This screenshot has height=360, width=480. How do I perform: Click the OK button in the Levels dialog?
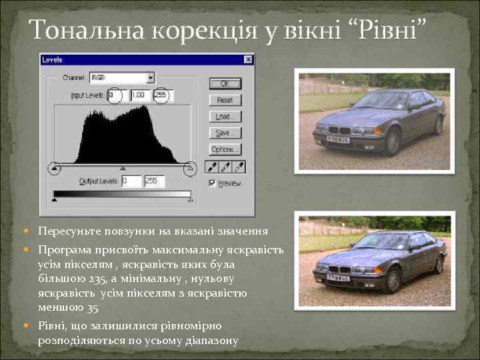point(225,83)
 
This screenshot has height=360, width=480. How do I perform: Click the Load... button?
point(225,116)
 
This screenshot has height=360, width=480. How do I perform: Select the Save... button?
point(225,132)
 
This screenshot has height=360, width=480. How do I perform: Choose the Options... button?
point(225,149)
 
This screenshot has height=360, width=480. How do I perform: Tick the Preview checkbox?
point(213,183)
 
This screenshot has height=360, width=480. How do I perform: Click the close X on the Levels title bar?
point(248,60)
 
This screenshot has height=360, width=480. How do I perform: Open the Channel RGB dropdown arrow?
point(151,77)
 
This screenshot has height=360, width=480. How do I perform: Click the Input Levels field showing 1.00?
point(139,95)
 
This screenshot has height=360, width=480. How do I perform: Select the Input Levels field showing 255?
point(161,95)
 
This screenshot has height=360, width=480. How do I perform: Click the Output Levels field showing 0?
point(131,181)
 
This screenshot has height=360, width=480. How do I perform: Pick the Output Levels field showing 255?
point(154,181)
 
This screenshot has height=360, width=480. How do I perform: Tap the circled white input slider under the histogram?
point(190,168)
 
